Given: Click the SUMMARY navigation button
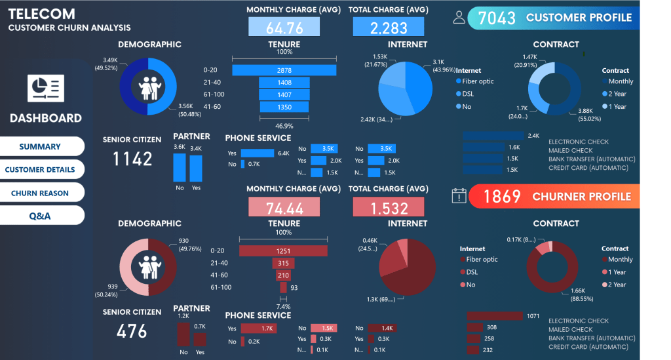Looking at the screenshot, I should (x=40, y=147).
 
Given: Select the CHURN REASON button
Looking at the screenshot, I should (x=40, y=193).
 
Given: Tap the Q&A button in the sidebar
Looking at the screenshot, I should (x=40, y=216).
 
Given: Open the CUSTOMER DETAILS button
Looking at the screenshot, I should (x=40, y=170).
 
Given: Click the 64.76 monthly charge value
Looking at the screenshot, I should (x=284, y=28).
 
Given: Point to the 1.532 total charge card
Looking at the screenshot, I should (x=389, y=207).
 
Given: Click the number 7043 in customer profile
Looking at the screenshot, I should (x=497, y=18).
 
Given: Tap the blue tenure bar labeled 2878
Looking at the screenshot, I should (x=284, y=70).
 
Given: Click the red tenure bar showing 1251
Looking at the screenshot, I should (x=283, y=250).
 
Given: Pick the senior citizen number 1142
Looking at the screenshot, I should (x=132, y=159).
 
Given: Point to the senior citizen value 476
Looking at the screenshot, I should (x=132, y=331).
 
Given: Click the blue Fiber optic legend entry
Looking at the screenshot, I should (x=474, y=81).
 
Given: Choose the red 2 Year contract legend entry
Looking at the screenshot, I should (x=615, y=285).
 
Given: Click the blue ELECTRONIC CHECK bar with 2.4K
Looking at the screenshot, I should (x=493, y=136).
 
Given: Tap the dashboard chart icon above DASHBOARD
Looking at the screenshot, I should (x=45, y=88).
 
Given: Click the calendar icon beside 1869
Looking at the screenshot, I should (x=459, y=196).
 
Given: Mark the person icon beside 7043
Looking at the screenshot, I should (x=459, y=18).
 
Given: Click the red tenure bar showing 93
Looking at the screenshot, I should (x=283, y=287).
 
